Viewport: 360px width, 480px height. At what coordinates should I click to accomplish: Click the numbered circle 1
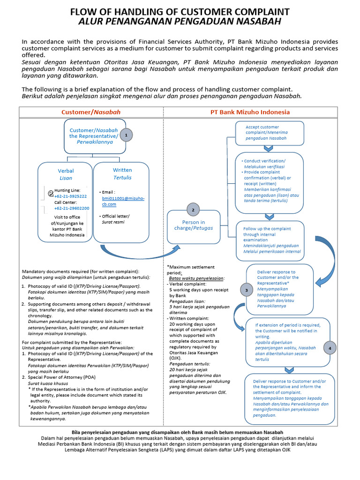126,135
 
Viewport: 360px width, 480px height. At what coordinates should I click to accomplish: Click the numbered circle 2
193,210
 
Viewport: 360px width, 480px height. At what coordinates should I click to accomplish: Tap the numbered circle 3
247,291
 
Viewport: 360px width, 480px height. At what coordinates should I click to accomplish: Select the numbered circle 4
330,348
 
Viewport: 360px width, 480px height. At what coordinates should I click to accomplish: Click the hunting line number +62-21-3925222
70,196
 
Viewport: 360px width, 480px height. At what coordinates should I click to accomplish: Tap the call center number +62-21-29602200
71,208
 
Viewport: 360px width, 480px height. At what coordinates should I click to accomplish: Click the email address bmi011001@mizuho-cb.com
123,201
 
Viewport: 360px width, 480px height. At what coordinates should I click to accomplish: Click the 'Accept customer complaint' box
270,133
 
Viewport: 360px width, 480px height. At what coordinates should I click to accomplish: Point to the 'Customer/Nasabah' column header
91,112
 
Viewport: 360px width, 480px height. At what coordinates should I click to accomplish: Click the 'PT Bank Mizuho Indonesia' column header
250,112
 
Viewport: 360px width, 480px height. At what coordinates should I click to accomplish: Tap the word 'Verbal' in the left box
66,171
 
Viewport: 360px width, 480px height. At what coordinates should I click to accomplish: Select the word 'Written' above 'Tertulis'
122,170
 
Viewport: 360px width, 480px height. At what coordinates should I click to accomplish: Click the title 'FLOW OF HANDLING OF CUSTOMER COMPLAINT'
180,12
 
